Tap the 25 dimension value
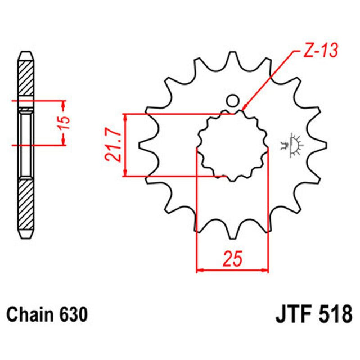coord(231,260)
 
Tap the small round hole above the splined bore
coord(232,102)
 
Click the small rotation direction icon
coord(292,144)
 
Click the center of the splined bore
coord(232,145)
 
